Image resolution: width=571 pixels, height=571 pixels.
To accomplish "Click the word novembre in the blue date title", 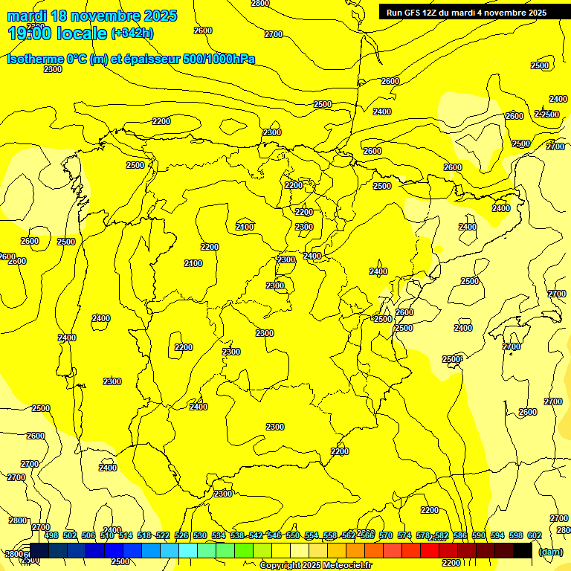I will pyautogui.click(x=101, y=16).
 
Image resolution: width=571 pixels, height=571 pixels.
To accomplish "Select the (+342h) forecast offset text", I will pyautogui.click(x=132, y=33).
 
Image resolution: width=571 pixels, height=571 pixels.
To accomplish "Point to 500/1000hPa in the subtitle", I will pyautogui.click(x=220, y=59).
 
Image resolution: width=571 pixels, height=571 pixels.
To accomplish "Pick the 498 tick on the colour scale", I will pyautogui.click(x=51, y=535).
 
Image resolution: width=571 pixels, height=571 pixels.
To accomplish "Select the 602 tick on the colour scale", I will pyautogui.click(x=535, y=535).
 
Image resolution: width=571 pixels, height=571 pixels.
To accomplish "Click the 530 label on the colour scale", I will pyautogui.click(x=200, y=535).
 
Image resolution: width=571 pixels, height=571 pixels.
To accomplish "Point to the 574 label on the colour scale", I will pyautogui.click(x=405, y=535).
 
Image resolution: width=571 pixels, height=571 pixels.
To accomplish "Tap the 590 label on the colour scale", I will pyautogui.click(x=480, y=535).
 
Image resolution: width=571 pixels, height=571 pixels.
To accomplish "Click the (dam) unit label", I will pyautogui.click(x=550, y=551).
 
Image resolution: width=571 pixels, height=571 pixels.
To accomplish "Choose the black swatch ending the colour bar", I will pyautogui.click(x=522, y=551).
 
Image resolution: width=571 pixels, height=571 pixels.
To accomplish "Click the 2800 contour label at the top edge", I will pyautogui.click(x=260, y=4).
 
